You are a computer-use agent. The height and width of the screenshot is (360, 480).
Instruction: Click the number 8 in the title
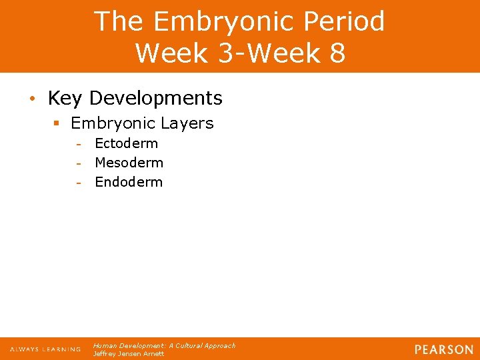tap(336, 53)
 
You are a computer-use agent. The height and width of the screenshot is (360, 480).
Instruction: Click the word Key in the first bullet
tap(65, 99)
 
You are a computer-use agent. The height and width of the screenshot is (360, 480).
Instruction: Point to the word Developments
tap(155, 99)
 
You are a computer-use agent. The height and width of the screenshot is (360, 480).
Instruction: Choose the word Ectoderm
tap(126, 143)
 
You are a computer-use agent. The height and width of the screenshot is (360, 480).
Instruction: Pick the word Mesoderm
tap(129, 163)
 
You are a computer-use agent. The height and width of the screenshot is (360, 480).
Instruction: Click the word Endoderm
tap(129, 182)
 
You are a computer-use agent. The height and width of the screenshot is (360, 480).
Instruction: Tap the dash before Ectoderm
tap(79, 144)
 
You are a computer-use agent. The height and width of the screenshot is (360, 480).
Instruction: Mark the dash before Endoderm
tap(79, 183)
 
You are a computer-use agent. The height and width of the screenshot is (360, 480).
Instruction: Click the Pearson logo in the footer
tap(443, 349)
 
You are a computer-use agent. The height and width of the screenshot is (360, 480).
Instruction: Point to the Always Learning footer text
tap(45, 349)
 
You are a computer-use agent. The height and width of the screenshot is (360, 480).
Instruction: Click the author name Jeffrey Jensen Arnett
tap(129, 354)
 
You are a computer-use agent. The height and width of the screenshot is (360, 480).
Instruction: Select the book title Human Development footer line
tap(164, 345)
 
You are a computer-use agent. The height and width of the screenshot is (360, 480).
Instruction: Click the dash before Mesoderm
tap(79, 163)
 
